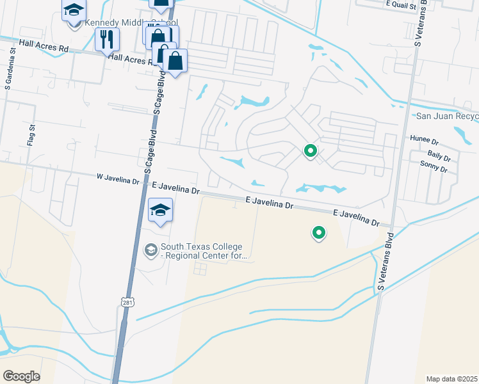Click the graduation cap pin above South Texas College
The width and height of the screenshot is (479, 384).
tap(161, 209)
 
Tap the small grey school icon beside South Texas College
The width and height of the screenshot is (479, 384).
tap(151, 250)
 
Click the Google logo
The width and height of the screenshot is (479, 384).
tap(21, 376)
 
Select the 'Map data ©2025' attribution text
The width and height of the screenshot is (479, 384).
tap(451, 379)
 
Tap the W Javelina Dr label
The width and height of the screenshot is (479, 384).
tap(118, 180)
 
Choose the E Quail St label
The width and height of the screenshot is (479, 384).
tap(401, 4)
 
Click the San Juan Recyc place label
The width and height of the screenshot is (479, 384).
tap(447, 116)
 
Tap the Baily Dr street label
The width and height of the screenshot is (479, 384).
tap(439, 156)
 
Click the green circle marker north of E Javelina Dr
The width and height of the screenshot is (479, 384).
tap(311, 151)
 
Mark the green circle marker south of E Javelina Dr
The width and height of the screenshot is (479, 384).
tap(318, 233)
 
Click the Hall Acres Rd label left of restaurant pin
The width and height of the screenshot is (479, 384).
tap(44, 46)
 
